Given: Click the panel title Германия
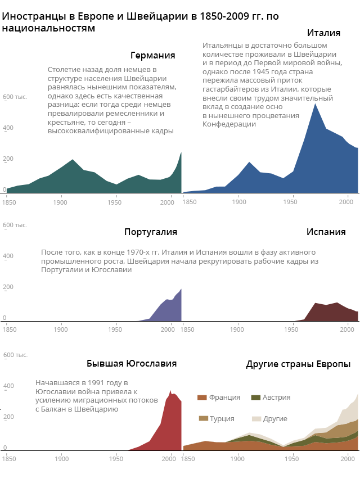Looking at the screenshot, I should pyautogui.click(x=152, y=56).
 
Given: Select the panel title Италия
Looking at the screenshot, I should pyautogui.click(x=323, y=33).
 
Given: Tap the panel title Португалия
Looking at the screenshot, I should pyautogui.click(x=150, y=232).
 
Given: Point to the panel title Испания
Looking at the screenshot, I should pyautogui.click(x=326, y=232).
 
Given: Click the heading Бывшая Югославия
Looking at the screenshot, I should pyautogui.click(x=131, y=363).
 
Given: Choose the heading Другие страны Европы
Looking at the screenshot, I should pyautogui.click(x=298, y=364).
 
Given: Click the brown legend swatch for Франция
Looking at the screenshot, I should pyautogui.click(x=202, y=398).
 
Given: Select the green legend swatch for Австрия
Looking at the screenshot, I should pyautogui.click(x=256, y=398).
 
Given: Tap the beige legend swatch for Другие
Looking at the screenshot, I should pyautogui.click(x=256, y=418).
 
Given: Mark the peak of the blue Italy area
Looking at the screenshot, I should pyautogui.click(x=315, y=104).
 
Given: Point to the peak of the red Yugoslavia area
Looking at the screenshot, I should pyautogui.click(x=170, y=390).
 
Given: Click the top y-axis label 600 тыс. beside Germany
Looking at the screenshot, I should pyautogui.click(x=15, y=97).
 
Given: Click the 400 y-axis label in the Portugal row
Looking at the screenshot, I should pyautogui.click(x=8, y=256).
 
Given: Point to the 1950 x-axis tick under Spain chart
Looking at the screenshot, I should pyautogui.click(x=292, y=329).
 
